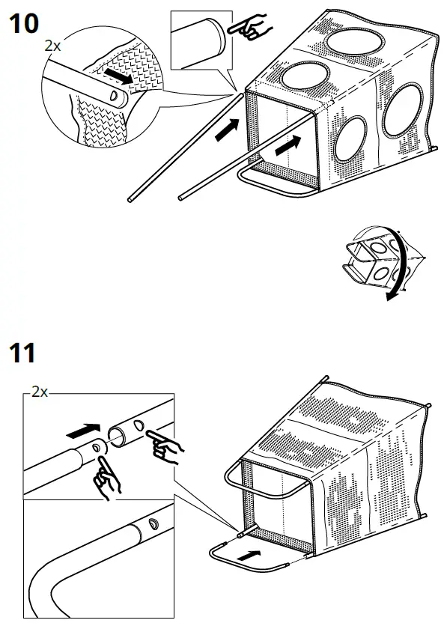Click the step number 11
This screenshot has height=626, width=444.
pos(22,351)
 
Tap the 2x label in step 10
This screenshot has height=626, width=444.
pos(52,46)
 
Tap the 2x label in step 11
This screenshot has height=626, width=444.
pos(39,392)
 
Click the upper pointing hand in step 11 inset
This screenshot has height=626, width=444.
pos(164,446)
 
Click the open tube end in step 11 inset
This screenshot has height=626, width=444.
pos(118,436)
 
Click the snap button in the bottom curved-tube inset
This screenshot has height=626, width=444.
pos(153,523)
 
